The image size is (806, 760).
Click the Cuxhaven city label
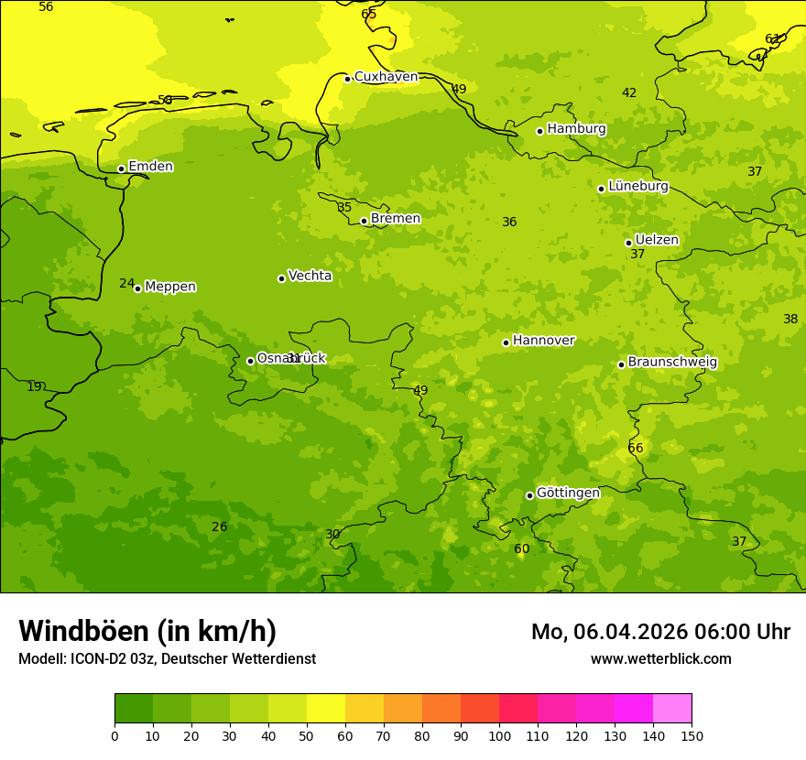coord(386,77)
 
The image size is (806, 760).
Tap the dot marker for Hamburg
coord(539,131)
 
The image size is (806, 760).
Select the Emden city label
coord(150,167)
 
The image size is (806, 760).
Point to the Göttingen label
coord(568,494)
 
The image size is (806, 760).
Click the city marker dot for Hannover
coord(506,342)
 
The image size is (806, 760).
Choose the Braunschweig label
coord(672,363)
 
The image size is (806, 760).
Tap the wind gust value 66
coord(636,448)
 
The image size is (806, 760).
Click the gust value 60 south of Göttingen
coord(521,549)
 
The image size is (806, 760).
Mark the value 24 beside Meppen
coord(126,284)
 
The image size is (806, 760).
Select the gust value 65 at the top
coord(368,14)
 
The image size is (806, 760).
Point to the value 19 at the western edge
coord(34,387)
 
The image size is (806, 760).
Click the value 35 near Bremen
coord(344,208)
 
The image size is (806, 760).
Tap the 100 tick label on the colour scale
coord(499,735)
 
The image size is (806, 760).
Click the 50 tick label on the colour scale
coord(307,735)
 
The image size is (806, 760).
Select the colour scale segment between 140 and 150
coord(672,709)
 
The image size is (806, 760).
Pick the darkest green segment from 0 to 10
coord(134,709)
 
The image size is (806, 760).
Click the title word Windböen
coord(83,631)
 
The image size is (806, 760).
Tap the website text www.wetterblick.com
coord(660,659)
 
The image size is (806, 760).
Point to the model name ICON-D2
coord(99,659)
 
